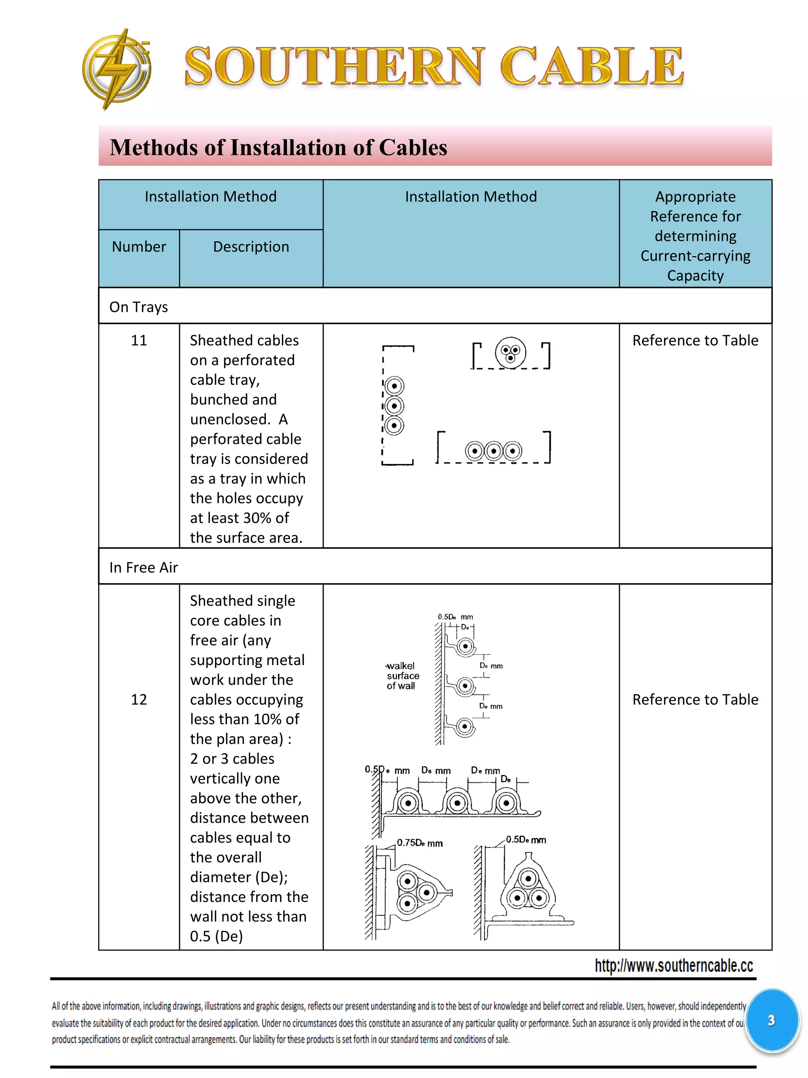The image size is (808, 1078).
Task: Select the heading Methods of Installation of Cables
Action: click(x=278, y=148)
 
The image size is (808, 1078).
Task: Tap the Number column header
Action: click(x=139, y=247)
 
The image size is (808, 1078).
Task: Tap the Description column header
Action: click(x=251, y=247)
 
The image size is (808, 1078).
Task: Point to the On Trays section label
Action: click(x=139, y=307)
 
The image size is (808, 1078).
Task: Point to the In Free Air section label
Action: click(x=144, y=567)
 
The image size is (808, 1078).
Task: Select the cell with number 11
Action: click(x=139, y=340)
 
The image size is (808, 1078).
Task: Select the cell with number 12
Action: click(x=139, y=699)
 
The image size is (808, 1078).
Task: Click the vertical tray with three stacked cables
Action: click(x=395, y=405)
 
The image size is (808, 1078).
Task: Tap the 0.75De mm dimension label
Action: click(x=419, y=843)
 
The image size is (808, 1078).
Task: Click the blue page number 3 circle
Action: click(x=771, y=1020)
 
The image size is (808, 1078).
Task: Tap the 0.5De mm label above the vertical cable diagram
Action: click(x=455, y=617)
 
